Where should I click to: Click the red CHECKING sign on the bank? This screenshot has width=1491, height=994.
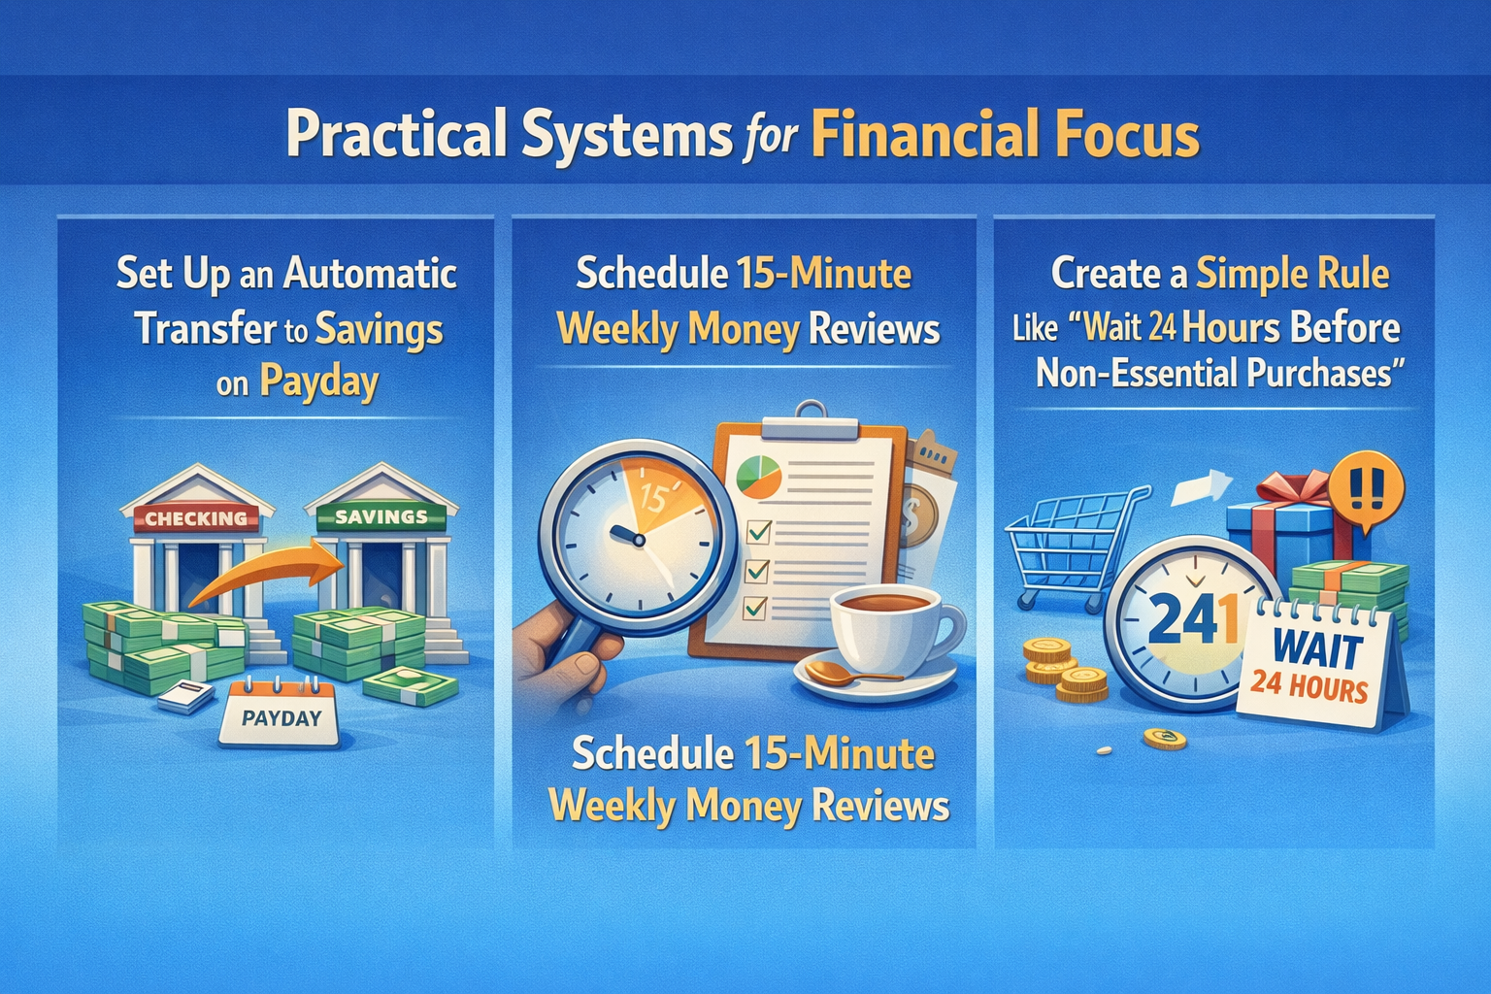coord(196,518)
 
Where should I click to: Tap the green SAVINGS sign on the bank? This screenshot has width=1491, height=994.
coord(381,516)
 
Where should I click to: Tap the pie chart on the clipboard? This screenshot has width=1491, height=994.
coord(759,476)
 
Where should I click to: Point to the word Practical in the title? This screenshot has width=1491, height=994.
coord(396,135)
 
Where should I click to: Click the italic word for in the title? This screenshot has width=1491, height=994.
coord(771,137)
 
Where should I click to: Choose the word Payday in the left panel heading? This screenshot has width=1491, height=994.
coord(318,381)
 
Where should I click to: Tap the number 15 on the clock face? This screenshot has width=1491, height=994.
coord(652,499)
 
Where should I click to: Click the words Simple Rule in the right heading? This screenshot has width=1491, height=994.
coord(1292,274)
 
